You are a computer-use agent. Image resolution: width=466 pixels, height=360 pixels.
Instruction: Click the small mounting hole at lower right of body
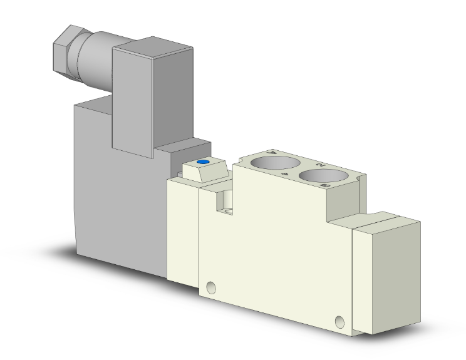click(x=339, y=323)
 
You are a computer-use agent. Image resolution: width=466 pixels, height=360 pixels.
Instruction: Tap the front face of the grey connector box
click(x=132, y=100)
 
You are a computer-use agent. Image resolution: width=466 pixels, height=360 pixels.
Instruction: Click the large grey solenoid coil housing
click(x=119, y=207)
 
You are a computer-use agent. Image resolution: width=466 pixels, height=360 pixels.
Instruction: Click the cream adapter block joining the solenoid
click(x=182, y=232)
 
